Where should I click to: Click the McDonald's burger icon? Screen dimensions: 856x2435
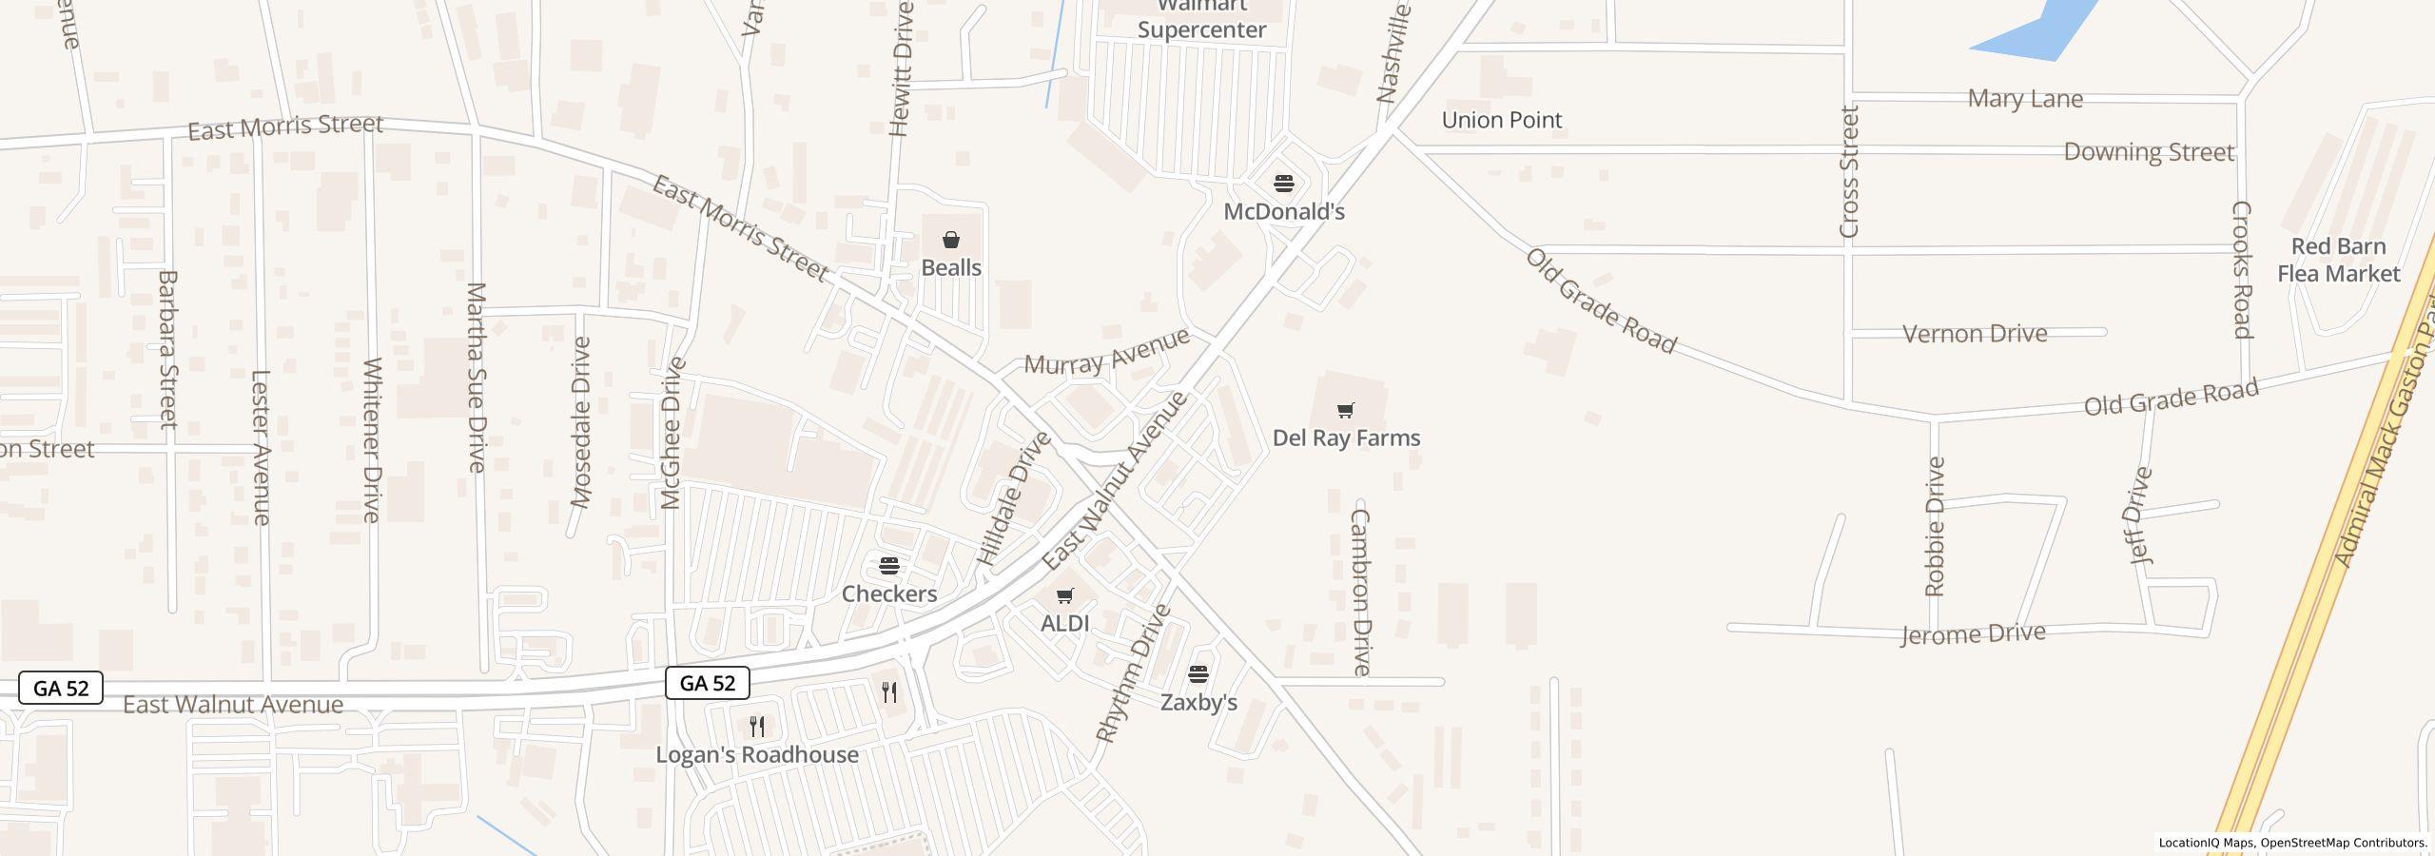coord(1284,184)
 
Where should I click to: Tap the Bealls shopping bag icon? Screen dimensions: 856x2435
coord(951,240)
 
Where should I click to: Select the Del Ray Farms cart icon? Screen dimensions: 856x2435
coord(1345,411)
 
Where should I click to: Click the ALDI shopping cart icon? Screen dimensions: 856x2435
coord(1065,596)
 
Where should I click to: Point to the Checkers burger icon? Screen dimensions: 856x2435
coord(889,567)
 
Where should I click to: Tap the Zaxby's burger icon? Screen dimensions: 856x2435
coord(1198,674)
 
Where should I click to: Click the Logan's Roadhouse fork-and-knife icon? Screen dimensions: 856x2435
coord(757,727)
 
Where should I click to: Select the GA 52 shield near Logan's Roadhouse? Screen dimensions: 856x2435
coord(708,683)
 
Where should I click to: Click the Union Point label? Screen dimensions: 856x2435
coord(1502,120)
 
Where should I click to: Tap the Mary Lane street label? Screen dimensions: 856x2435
coord(2025,99)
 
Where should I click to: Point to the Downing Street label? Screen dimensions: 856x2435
coord(2149,152)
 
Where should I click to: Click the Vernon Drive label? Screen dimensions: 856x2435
coord(1975,334)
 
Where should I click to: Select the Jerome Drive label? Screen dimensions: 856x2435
coord(1973,634)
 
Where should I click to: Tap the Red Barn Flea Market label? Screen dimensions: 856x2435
coord(2338,260)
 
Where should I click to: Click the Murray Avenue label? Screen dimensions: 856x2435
coord(1106,352)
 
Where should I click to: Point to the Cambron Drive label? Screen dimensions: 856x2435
coord(1361,592)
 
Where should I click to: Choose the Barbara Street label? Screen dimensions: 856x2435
coord(167,349)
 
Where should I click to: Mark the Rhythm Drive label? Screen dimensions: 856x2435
coord(1133,672)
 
